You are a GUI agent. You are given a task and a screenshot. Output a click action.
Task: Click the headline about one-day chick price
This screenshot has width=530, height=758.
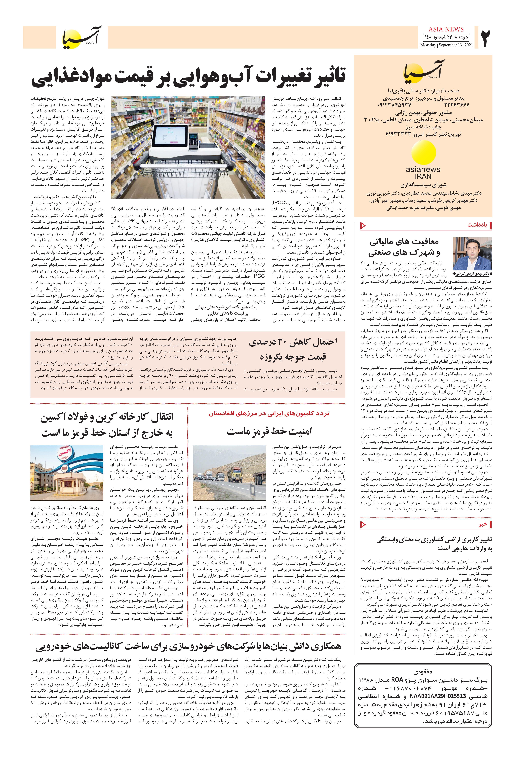point(293,349)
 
